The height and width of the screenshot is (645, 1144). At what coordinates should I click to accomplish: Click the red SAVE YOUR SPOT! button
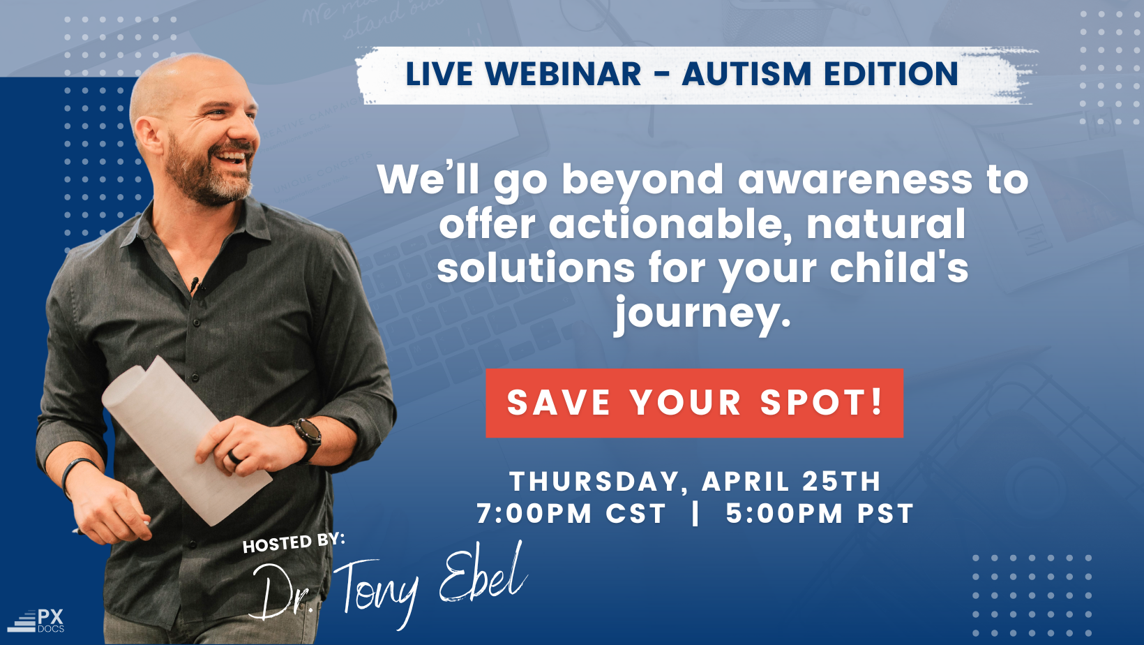[695, 403]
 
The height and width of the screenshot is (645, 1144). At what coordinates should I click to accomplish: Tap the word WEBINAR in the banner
[563, 74]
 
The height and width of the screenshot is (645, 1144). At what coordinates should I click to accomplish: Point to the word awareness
[855, 180]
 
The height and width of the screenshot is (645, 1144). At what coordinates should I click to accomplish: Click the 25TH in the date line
[841, 482]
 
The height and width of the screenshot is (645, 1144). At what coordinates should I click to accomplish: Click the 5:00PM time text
[784, 514]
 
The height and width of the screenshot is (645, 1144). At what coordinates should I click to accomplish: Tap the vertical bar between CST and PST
[695, 513]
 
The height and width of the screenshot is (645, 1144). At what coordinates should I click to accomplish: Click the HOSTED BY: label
[294, 543]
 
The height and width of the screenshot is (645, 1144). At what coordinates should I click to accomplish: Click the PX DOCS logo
[36, 621]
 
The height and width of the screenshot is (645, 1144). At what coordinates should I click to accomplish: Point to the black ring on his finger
[234, 457]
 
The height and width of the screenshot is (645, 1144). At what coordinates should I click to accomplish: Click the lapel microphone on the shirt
[194, 283]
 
